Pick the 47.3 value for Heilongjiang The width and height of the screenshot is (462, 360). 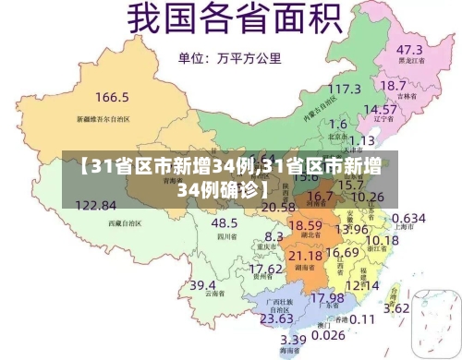[x=410, y=49]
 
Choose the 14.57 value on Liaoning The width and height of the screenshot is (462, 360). [x=379, y=109]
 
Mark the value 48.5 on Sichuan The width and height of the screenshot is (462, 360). [x=225, y=222]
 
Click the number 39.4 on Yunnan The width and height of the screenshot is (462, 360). [x=203, y=286]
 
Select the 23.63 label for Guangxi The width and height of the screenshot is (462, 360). [x=276, y=318]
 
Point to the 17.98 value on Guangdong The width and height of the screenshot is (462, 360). [x=325, y=298]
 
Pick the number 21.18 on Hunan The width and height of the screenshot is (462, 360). [x=305, y=255]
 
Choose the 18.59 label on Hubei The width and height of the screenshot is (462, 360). [x=306, y=224]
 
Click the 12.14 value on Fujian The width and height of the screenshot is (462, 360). [x=361, y=285]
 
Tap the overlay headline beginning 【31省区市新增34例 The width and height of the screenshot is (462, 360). [x=231, y=177]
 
